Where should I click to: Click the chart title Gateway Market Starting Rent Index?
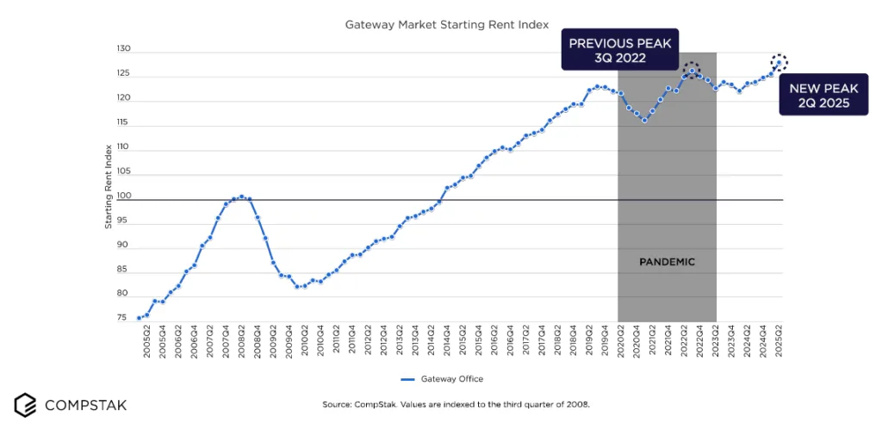pyautogui.click(x=446, y=26)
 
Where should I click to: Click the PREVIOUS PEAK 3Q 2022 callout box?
pyautogui.click(x=620, y=51)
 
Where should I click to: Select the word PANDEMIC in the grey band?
pyautogui.click(x=667, y=261)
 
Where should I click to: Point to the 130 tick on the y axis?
pyautogui.click(x=123, y=51)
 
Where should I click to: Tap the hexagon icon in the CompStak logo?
pyautogui.click(x=25, y=403)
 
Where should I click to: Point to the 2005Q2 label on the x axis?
pyautogui.click(x=147, y=343)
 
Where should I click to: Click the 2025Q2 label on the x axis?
pyautogui.click(x=780, y=343)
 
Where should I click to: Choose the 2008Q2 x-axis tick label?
pyautogui.click(x=242, y=343)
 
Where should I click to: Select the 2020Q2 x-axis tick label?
pyautogui.click(x=621, y=343)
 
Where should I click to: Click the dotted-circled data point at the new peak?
pyautogui.click(x=780, y=62)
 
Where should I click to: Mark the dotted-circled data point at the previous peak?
pyautogui.click(x=692, y=71)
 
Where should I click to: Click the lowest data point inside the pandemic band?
pyautogui.click(x=644, y=121)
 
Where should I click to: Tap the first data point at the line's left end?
pyautogui.click(x=139, y=318)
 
